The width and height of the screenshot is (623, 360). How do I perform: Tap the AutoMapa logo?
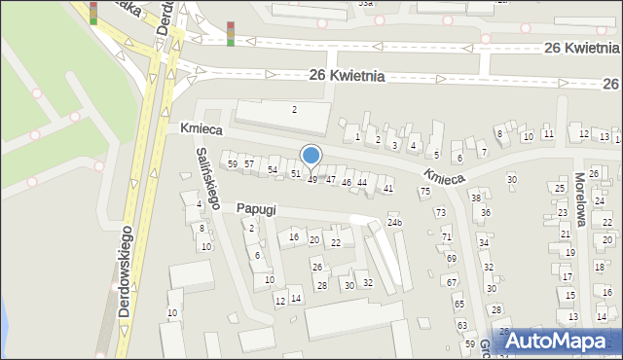[x=557, y=341]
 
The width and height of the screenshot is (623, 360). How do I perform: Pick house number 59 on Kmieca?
[x=232, y=164]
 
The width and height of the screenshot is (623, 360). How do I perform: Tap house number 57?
[x=249, y=163]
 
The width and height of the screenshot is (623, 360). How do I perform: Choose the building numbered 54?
[x=273, y=170]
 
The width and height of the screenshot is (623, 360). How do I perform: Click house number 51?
[x=295, y=174]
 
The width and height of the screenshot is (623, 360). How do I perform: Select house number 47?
[x=331, y=179]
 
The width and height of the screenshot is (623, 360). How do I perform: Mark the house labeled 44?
[x=362, y=182]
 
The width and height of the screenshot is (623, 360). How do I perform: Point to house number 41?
[x=388, y=188]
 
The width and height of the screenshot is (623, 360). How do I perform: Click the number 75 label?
[x=425, y=192]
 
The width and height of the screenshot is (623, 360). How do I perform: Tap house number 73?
[x=440, y=212]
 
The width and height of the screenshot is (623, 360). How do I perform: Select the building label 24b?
[x=394, y=223]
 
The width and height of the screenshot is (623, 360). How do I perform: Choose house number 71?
[x=447, y=236]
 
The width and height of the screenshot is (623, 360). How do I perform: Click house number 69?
[x=452, y=259]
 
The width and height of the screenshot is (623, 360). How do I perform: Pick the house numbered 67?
[x=452, y=282]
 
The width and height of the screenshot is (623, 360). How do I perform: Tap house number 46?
[x=346, y=182]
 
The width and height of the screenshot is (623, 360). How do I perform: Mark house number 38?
[x=475, y=198]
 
